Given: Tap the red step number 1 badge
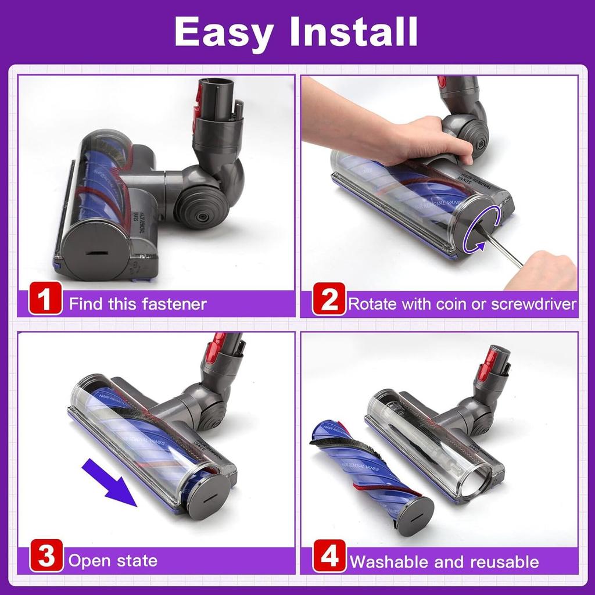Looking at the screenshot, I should [45, 302].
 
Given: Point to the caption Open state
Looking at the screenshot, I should [113, 561].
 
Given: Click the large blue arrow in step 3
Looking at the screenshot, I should [111, 482].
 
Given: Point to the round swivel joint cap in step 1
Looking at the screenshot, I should [200, 209].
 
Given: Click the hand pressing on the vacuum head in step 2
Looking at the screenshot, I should [430, 139].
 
